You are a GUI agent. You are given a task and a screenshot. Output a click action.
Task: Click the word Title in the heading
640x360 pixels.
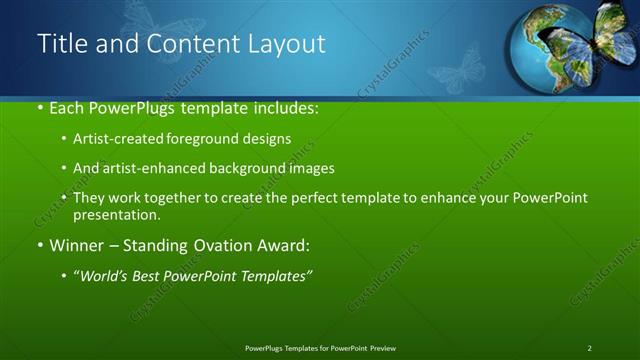pos(62,44)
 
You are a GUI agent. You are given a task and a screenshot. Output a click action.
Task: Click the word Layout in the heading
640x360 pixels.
pos(289,44)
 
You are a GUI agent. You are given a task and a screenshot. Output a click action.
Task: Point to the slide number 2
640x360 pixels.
pos(590,348)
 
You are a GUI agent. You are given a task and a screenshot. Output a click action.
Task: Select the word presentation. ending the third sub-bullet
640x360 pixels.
pos(116,215)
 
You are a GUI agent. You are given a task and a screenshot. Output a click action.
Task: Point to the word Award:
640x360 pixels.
pos(284,245)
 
